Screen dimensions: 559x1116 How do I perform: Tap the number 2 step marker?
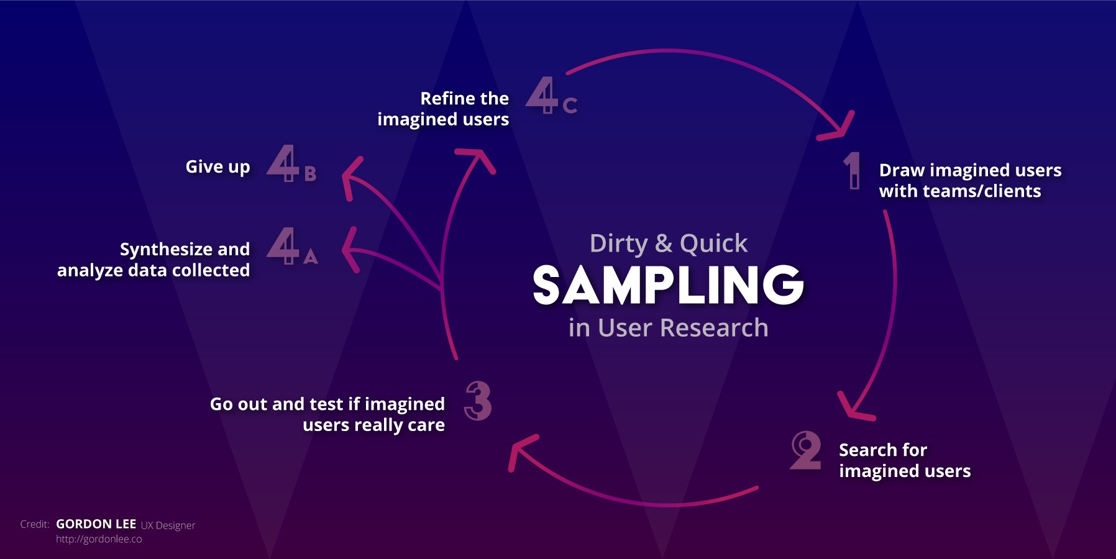tap(805, 451)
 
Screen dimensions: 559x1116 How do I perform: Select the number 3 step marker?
tap(478, 401)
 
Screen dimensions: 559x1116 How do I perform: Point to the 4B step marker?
tap(291, 164)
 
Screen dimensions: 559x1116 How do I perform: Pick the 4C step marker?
tap(551, 96)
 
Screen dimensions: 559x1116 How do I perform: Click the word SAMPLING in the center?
tap(668, 285)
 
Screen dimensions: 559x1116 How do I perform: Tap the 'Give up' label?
tap(217, 167)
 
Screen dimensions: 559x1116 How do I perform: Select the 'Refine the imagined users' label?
tap(443, 109)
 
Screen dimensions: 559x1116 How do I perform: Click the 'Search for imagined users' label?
tap(904, 460)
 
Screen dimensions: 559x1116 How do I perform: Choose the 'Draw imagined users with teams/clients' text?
tap(969, 180)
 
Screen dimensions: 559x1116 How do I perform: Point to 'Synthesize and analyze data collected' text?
tap(153, 260)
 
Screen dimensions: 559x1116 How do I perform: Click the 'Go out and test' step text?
tap(327, 414)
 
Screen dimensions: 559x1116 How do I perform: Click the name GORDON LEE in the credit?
tap(96, 524)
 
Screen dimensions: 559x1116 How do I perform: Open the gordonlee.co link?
tap(99, 539)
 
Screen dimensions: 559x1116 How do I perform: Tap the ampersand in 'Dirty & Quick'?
tap(663, 243)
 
